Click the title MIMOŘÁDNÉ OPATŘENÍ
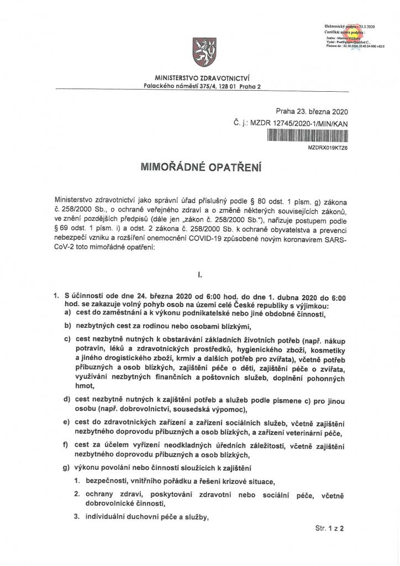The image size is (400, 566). [199, 166]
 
